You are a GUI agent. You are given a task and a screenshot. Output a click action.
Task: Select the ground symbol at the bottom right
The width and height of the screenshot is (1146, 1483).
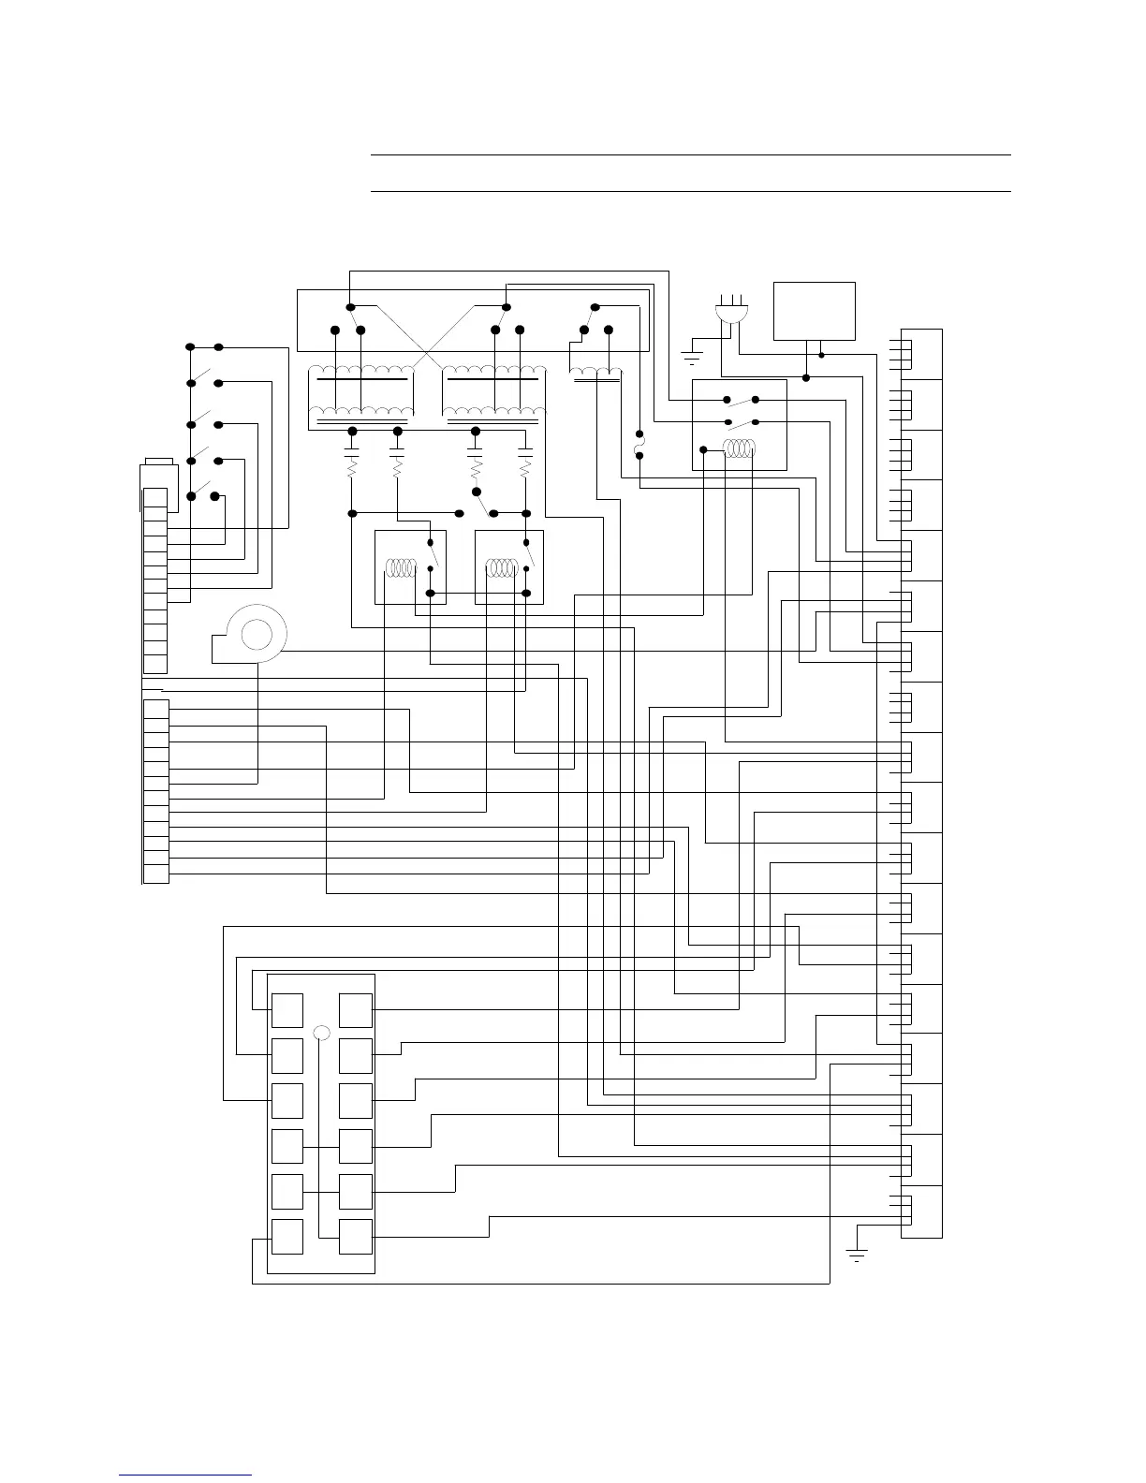click(x=856, y=1254)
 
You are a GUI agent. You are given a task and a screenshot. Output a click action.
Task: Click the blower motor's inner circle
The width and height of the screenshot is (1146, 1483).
click(x=256, y=635)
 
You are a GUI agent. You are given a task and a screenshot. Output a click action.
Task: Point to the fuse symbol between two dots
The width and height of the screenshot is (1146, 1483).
click(x=639, y=445)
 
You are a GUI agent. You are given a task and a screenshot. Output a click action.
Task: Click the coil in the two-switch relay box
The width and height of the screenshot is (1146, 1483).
click(x=739, y=449)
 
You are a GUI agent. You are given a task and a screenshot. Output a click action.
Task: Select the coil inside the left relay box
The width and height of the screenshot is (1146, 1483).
click(x=402, y=567)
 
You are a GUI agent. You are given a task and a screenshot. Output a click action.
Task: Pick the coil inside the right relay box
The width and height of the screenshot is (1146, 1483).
click(x=502, y=567)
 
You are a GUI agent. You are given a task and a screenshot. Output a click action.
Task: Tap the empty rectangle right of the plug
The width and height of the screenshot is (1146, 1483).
click(x=814, y=311)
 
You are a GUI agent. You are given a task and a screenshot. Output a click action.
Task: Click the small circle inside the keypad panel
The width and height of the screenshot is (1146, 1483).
click(x=321, y=1033)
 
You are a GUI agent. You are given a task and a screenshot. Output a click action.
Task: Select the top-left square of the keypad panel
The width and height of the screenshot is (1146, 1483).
click(x=286, y=1011)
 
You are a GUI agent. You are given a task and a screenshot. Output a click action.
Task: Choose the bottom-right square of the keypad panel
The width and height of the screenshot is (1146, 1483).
click(x=356, y=1237)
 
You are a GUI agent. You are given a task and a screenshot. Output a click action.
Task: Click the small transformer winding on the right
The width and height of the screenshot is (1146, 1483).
click(x=596, y=375)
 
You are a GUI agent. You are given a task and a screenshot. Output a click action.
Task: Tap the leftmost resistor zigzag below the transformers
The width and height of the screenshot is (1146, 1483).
click(x=353, y=469)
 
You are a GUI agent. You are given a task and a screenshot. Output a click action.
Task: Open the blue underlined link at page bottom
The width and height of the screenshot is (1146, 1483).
click(x=186, y=1475)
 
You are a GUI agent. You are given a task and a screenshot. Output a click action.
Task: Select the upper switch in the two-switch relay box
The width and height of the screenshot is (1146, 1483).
click(x=742, y=401)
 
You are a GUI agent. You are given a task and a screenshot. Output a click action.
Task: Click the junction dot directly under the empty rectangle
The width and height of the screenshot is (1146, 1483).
click(x=821, y=355)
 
